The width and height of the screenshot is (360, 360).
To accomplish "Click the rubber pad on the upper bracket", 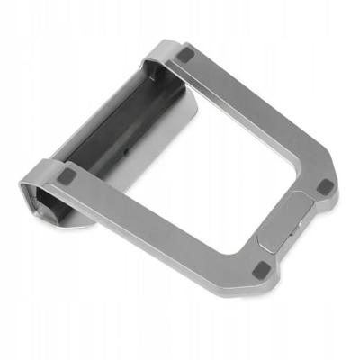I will click(x=185, y=55).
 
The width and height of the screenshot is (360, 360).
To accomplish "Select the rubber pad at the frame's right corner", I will click(x=326, y=186).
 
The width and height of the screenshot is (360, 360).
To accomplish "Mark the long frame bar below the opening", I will click(x=162, y=220).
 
